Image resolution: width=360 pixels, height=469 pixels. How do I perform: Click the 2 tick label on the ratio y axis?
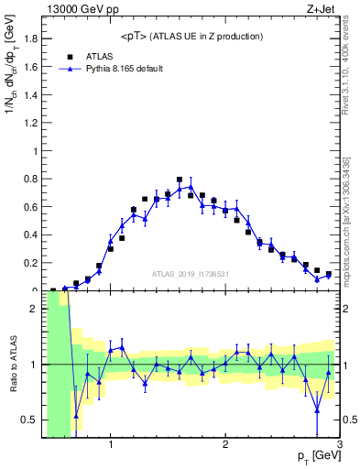(35, 310)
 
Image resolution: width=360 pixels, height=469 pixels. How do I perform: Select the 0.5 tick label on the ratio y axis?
(31, 420)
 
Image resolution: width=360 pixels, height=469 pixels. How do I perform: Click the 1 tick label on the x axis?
(111, 446)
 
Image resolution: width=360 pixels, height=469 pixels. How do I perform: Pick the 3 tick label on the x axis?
(338, 446)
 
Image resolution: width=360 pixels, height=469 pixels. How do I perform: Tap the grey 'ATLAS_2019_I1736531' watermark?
(190, 274)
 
